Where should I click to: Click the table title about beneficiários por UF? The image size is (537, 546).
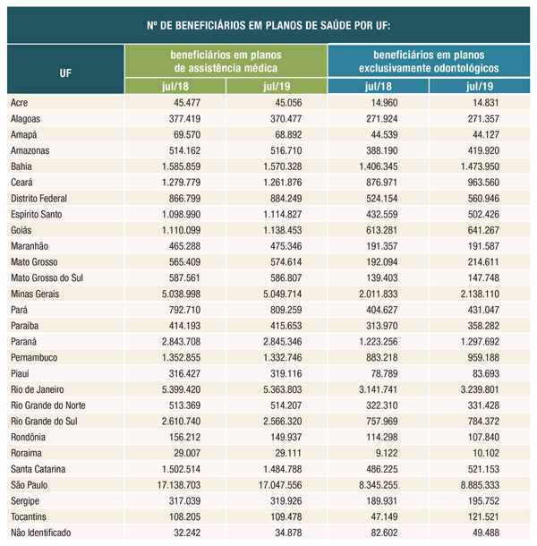pyautogui.click(x=268, y=24)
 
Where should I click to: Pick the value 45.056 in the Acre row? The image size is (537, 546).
pyautogui.click(x=277, y=102)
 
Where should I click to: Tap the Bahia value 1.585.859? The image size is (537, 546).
pyautogui.click(x=175, y=166)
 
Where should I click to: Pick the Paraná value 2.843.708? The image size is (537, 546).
pyautogui.click(x=175, y=341)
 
